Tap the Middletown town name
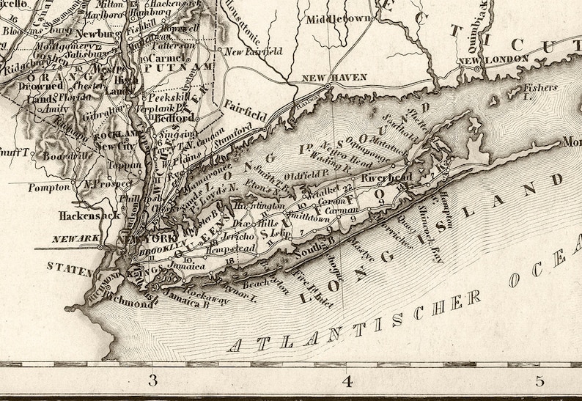(x=339, y=18)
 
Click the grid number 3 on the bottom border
(x=152, y=380)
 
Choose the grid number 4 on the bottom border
(x=347, y=380)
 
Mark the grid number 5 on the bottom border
(x=540, y=380)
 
